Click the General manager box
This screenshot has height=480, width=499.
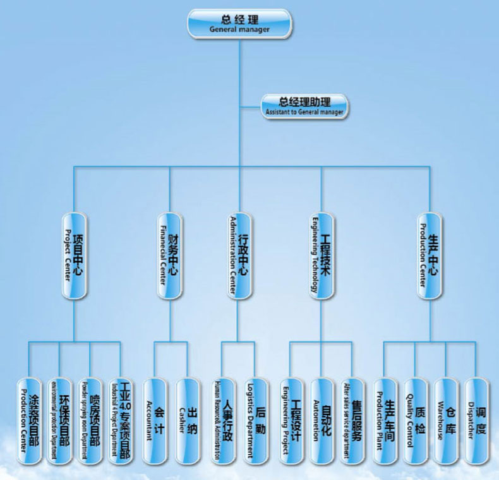tap(239, 23)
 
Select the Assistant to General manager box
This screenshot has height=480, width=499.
tap(304, 105)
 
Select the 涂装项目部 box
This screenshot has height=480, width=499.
tap(30, 421)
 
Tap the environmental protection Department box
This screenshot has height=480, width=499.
tap(59, 421)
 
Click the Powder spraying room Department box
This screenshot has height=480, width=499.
tap(90, 421)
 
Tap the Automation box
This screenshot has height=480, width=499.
tap(321, 421)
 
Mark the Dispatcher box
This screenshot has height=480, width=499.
tap(477, 421)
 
